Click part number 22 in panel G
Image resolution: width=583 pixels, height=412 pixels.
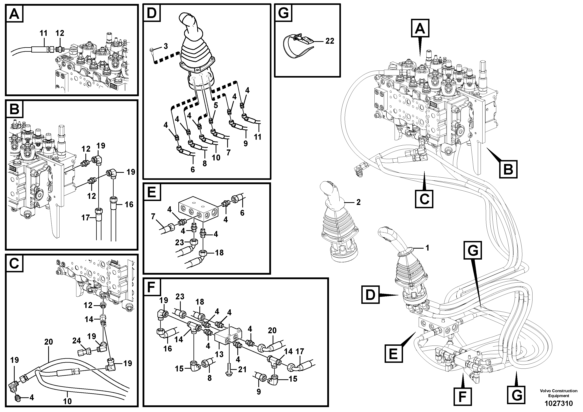coord(330,41)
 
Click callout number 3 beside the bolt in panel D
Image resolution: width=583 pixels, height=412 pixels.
coord(165,46)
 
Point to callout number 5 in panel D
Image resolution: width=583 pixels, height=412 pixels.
coord(216,105)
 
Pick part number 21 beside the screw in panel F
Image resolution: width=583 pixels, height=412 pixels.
coord(242,369)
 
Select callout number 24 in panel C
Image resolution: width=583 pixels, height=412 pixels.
coord(76,341)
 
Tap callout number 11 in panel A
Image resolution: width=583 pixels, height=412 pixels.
coord(43,33)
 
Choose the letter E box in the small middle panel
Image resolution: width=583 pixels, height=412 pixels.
coord(152,192)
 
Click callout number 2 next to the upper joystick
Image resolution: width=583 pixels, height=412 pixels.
coord(358,202)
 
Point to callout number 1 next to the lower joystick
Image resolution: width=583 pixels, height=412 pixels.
coord(427,248)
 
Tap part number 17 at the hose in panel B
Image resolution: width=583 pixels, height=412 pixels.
coord(86,218)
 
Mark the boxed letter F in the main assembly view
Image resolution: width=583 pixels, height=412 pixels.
coord(462,396)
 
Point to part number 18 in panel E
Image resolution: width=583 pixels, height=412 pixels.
coord(219,253)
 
